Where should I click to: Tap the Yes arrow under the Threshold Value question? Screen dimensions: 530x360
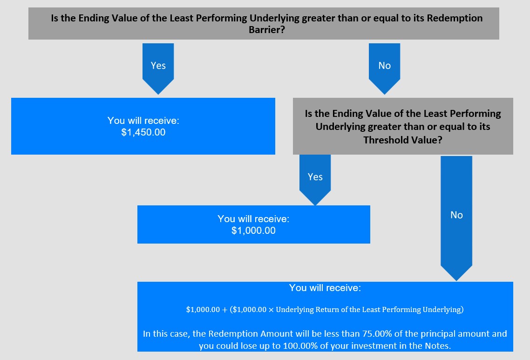pyautogui.click(x=315, y=180)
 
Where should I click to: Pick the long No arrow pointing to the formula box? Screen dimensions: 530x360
pyautogui.click(x=456, y=218)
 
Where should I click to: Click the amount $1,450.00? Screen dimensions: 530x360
pyautogui.click(x=143, y=132)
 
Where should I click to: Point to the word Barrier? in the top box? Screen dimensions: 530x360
pyautogui.click(x=267, y=30)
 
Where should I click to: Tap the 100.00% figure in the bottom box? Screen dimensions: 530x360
pyautogui.click(x=300, y=346)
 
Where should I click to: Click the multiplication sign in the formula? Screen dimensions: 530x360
pyautogui.click(x=271, y=310)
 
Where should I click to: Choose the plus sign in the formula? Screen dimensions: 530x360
pyautogui.click(x=225, y=310)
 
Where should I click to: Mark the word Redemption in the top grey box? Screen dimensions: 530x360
pyautogui.click(x=455, y=18)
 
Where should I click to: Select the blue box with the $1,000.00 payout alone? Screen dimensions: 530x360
pyautogui.click(x=253, y=224)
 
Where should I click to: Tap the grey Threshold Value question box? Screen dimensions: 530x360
pyautogui.click(x=403, y=126)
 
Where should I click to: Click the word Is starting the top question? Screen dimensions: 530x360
pyautogui.click(x=55, y=18)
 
